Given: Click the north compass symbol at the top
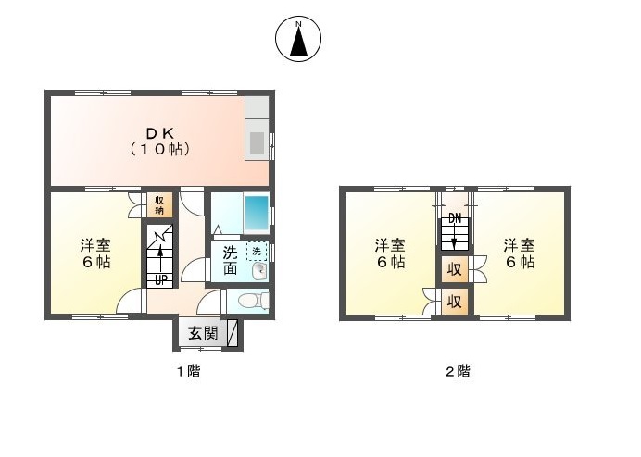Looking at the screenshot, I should [298, 40].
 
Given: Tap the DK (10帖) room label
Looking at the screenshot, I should [158, 139].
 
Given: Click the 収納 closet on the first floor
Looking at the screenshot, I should [159, 204].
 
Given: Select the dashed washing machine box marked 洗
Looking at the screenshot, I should [255, 251].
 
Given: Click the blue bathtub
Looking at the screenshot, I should [256, 215].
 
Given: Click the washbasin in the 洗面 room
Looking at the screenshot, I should [260, 272].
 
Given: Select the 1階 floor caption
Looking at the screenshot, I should [188, 372].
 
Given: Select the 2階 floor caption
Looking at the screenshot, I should [457, 372].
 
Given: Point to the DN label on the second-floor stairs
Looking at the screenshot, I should [454, 218].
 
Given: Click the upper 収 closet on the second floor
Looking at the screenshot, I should [454, 269].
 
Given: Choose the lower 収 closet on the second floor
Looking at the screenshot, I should [454, 301].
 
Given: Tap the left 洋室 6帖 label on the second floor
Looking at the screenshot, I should [390, 253].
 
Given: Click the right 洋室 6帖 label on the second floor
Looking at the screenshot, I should [519, 253].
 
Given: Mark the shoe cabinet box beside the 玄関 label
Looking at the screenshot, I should [232, 333].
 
